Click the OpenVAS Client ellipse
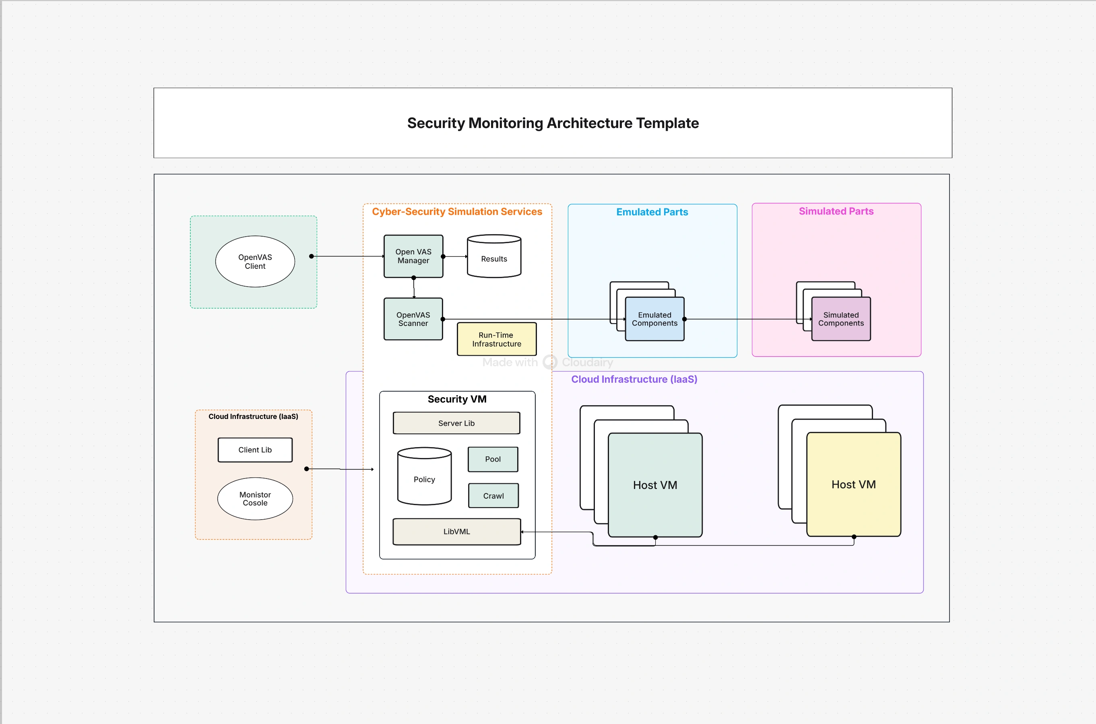click(255, 261)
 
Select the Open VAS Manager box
click(413, 256)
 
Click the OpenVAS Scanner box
click(413, 319)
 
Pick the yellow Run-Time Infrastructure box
click(496, 339)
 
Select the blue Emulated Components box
click(654, 319)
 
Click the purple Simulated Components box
click(841, 319)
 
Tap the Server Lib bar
click(456, 423)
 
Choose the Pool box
click(493, 459)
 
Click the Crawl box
click(493, 495)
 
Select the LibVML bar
click(456, 532)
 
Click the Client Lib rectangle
click(255, 450)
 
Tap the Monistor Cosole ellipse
click(255, 499)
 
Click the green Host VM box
click(654, 485)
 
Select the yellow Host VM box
click(853, 485)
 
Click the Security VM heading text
click(456, 399)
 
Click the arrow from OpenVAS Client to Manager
click(349, 256)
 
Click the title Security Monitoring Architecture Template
click(553, 123)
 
